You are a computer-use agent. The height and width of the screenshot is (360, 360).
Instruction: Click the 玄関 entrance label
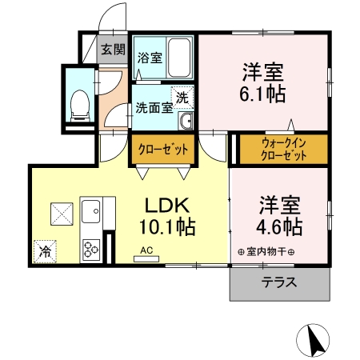[113, 50]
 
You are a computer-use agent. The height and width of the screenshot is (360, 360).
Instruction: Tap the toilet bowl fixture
[79, 106]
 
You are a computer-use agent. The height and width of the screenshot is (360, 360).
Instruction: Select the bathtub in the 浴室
[179, 58]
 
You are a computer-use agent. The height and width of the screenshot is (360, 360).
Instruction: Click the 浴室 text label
[150, 58]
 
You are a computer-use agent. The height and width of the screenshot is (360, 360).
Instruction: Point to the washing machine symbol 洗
[182, 98]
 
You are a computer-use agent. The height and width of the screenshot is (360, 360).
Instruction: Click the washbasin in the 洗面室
[186, 121]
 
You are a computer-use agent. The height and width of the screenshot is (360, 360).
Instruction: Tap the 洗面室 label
[154, 108]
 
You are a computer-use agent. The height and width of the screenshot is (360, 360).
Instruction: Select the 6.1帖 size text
[262, 94]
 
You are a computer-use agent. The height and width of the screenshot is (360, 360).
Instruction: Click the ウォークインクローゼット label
[283, 149]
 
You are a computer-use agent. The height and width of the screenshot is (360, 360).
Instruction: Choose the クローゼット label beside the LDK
[163, 150]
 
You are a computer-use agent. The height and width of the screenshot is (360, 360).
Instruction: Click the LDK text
[167, 206]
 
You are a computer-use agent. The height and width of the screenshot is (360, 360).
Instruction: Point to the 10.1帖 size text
[167, 227]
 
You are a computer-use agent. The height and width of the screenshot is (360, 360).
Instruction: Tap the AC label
[146, 250]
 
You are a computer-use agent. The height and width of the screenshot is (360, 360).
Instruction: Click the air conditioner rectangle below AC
[146, 259]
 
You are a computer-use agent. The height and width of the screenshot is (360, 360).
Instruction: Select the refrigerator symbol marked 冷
[45, 252]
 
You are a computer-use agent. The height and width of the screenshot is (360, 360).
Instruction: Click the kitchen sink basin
[91, 211]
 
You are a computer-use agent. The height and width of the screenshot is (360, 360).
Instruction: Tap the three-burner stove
[91, 250]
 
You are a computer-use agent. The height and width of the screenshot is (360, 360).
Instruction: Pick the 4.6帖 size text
[279, 227]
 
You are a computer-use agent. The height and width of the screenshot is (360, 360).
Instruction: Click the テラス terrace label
[279, 282]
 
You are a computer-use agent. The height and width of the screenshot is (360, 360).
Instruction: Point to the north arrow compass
[313, 340]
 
